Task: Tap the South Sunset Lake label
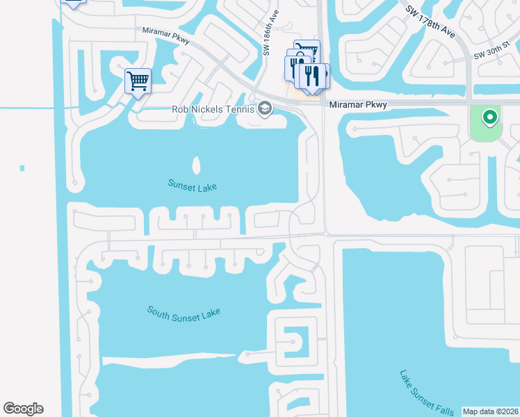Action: click(184, 311)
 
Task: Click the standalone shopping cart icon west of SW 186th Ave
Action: click(138, 81)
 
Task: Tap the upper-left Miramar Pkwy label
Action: click(167, 33)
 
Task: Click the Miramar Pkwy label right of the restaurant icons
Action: click(357, 104)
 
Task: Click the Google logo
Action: click(23, 409)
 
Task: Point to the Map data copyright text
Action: click(490, 411)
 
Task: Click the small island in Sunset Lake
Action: click(196, 165)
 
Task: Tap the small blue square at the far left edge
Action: click(22, 168)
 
